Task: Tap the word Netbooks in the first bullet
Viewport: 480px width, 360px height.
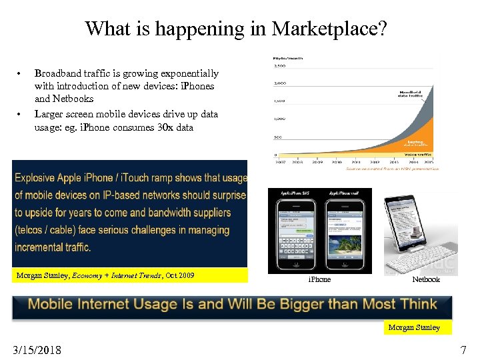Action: pos(74,99)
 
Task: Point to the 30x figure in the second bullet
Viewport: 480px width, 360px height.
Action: pos(164,127)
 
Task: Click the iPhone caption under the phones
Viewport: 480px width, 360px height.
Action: pos(319,279)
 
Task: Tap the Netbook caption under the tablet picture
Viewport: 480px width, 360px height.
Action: pos(425,279)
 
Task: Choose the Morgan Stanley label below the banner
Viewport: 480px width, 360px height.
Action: pos(414,327)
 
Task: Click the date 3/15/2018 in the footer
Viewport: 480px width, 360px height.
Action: pos(37,350)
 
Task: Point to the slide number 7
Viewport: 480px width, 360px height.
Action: pos(463,350)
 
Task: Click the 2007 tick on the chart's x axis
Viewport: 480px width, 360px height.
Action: pos(279,161)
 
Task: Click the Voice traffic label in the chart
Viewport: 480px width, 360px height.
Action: pos(418,155)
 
